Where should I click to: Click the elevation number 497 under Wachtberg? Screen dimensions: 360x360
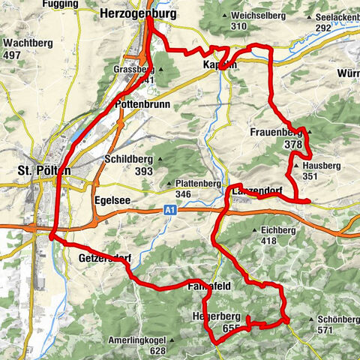tap(11, 55)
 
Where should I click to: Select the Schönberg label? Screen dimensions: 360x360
tap(334, 319)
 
